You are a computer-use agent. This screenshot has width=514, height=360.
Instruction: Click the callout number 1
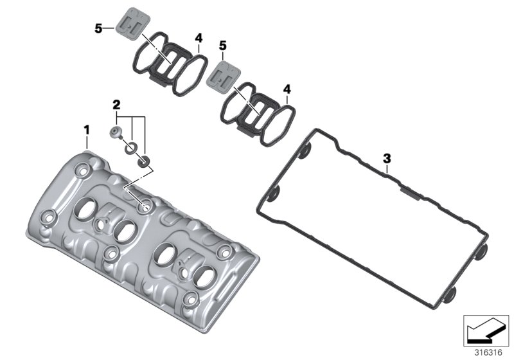86,130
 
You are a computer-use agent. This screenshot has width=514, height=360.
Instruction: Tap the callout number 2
116,104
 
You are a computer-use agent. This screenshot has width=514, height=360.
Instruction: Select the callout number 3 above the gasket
386,157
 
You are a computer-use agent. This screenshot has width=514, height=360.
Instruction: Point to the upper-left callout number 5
98,28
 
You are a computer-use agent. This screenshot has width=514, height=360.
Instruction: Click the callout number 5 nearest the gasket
223,46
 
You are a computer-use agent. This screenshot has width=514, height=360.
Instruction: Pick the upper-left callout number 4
199,37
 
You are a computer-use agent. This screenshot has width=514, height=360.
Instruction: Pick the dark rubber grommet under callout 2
145,160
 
